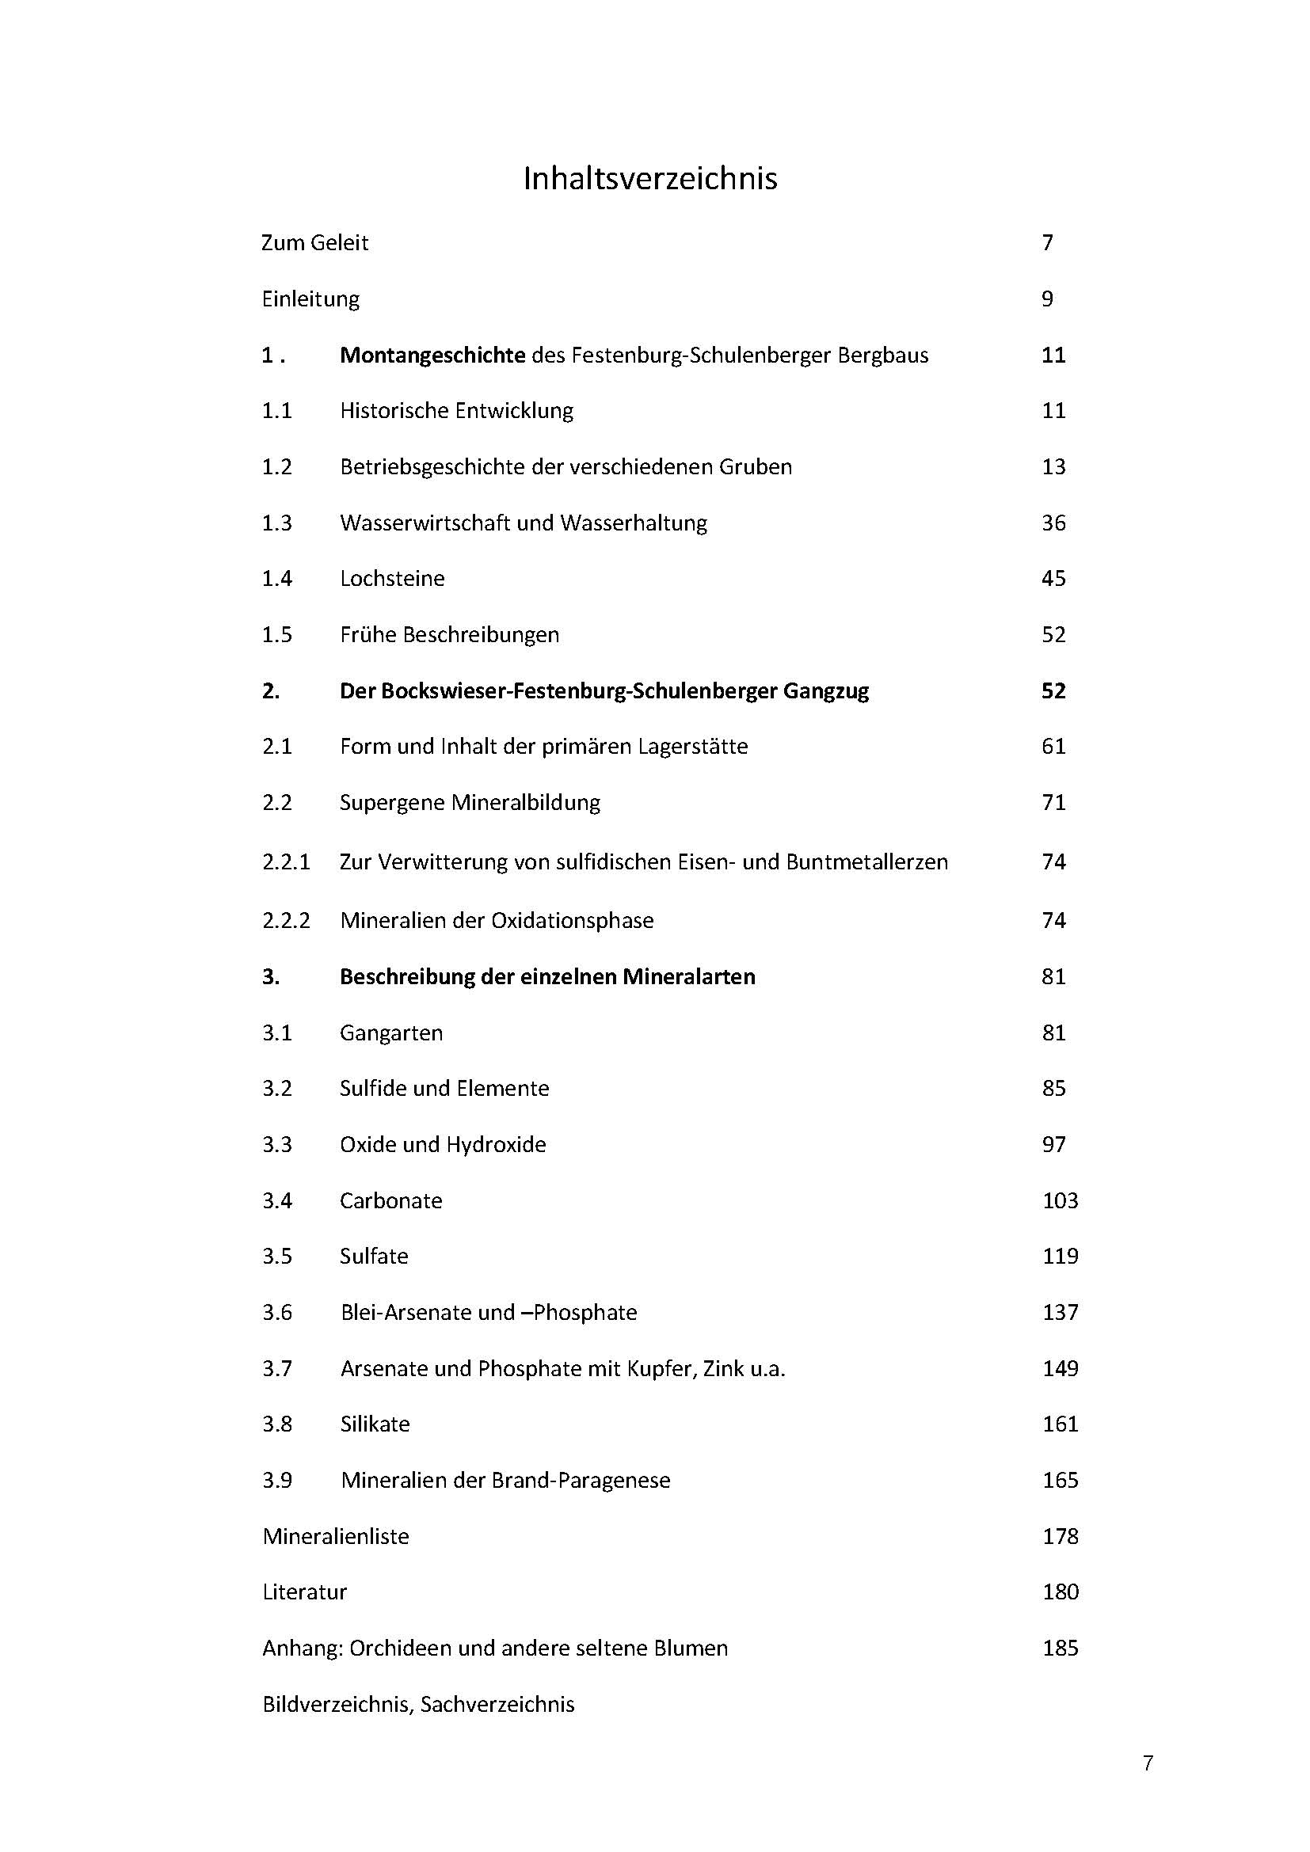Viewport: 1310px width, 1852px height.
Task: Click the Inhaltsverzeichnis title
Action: coord(650,178)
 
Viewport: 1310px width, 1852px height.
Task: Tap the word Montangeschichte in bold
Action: coord(432,355)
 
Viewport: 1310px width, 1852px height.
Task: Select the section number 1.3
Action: coord(276,523)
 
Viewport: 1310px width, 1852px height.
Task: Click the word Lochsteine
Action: coord(392,578)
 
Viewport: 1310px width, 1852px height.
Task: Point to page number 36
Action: coord(1053,523)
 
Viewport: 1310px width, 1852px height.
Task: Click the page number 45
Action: coord(1053,578)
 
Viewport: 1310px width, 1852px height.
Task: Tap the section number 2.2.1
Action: coord(286,861)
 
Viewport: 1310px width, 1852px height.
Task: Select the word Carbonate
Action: coord(391,1200)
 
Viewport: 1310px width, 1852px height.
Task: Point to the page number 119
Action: coord(1060,1256)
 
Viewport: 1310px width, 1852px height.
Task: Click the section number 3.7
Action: coord(276,1368)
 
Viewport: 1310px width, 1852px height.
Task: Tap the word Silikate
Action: coord(375,1424)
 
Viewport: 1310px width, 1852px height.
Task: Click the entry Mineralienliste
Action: coord(336,1536)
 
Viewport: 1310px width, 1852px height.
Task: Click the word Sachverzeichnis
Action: coord(497,1705)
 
